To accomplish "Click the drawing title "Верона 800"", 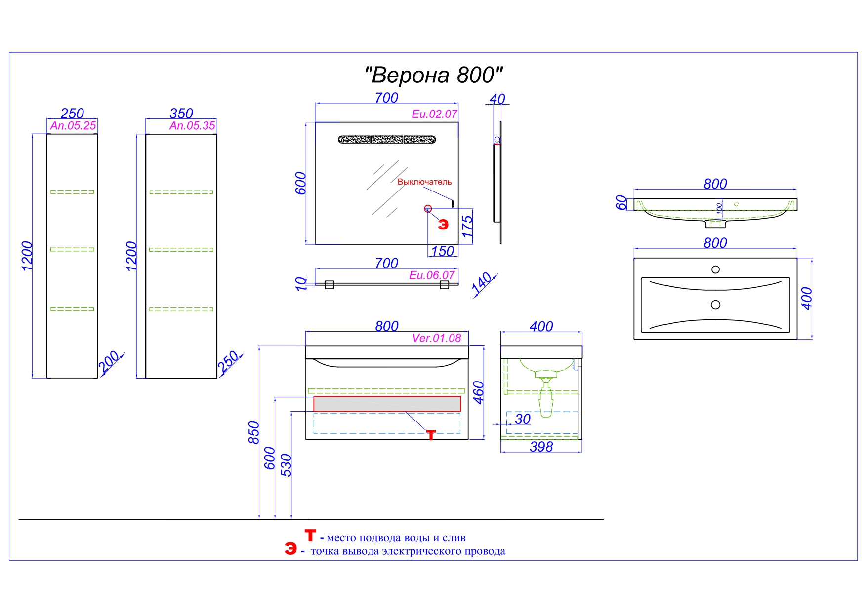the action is click(433, 75).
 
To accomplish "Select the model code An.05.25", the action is click(73, 126).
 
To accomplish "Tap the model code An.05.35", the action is click(192, 126).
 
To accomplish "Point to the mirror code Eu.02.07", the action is click(434, 114).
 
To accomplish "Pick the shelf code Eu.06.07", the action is click(432, 275).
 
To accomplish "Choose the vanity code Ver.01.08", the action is click(437, 338).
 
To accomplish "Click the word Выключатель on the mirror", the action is click(424, 182).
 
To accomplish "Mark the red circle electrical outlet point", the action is click(428, 209).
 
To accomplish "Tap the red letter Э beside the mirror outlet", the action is click(443, 225).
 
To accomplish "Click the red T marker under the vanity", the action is click(431, 435).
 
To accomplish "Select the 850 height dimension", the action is click(253, 432).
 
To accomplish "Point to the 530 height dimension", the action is click(286, 465).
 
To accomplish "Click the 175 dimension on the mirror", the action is click(467, 227).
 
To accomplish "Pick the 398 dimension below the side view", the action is click(541, 447).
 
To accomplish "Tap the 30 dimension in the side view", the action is click(523, 419).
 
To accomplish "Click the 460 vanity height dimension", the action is click(478, 392).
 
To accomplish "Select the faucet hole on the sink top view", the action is click(715, 269).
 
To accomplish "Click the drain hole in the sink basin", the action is click(715, 305).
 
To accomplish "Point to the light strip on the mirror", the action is click(387, 140).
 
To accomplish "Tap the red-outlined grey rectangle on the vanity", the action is click(387, 404).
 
